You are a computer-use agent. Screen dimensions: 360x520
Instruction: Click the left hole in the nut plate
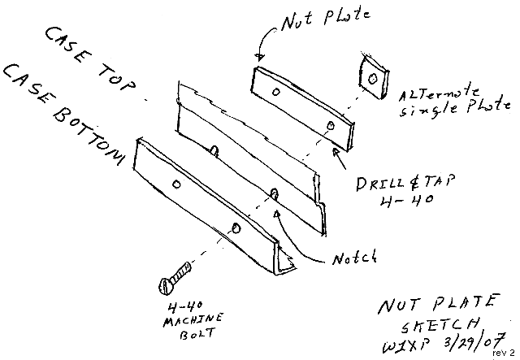point(276,93)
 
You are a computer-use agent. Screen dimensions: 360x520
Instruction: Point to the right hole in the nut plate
point(331,124)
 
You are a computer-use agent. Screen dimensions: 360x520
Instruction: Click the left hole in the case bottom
point(177,184)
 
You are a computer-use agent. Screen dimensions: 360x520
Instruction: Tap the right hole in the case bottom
point(236,228)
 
